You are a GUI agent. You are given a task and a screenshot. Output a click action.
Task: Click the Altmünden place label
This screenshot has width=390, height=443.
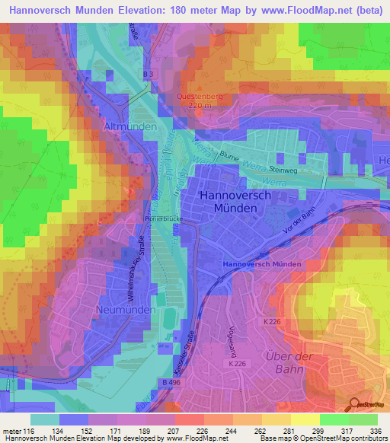pyautogui.click(x=133, y=126)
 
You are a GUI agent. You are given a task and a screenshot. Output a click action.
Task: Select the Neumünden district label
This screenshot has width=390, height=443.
pyautogui.click(x=126, y=311)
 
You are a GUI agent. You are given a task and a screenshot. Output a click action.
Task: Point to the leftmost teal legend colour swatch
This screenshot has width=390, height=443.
pyautogui.click(x=44, y=419)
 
